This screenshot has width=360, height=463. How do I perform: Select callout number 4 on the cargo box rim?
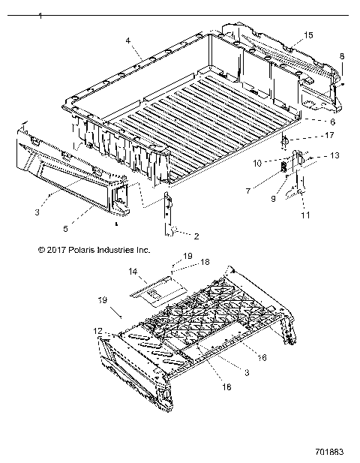pyautogui.click(x=128, y=40)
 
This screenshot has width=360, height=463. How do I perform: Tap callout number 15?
pyautogui.click(x=308, y=35)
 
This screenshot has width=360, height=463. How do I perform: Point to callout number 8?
pyautogui.click(x=342, y=56)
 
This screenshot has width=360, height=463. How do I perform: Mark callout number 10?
pyautogui.click(x=256, y=162)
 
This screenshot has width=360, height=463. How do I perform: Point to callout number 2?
pyautogui.click(x=196, y=236)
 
